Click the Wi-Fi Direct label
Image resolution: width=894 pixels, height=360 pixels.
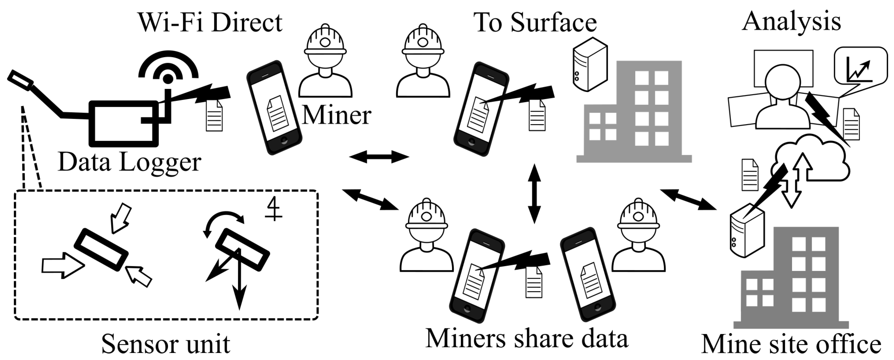pos(210,23)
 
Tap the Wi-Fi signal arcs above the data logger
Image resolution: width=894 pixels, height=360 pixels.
pos(168,64)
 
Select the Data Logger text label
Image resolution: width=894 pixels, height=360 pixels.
pos(129,162)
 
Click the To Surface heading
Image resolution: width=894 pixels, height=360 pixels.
pos(535,23)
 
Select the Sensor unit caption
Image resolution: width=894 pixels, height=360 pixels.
pos(166,344)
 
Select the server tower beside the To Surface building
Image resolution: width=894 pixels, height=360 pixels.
pos(590,65)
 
